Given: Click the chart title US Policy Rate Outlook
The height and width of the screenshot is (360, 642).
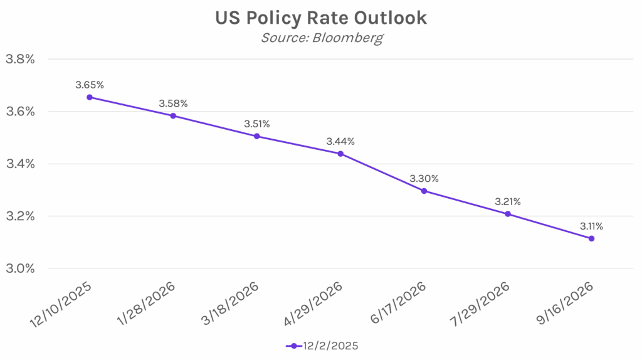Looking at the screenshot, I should coord(320,18).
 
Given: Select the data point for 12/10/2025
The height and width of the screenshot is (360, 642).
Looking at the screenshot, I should coord(90,97).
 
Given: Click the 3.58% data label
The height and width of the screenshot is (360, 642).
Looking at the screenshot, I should coord(173,103).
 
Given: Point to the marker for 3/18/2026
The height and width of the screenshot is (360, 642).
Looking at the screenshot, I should coord(257,136).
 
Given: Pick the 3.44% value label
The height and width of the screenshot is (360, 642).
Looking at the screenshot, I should coord(340,142).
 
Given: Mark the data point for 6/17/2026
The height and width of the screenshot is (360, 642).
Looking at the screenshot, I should coord(424,191).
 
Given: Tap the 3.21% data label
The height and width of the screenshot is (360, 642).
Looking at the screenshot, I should coord(507,201).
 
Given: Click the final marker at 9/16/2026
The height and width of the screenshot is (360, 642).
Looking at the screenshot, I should coord(591,238).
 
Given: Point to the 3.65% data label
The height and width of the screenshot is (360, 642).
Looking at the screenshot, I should coord(89,84).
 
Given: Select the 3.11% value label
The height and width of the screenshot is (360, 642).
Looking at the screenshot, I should coord(591,226).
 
